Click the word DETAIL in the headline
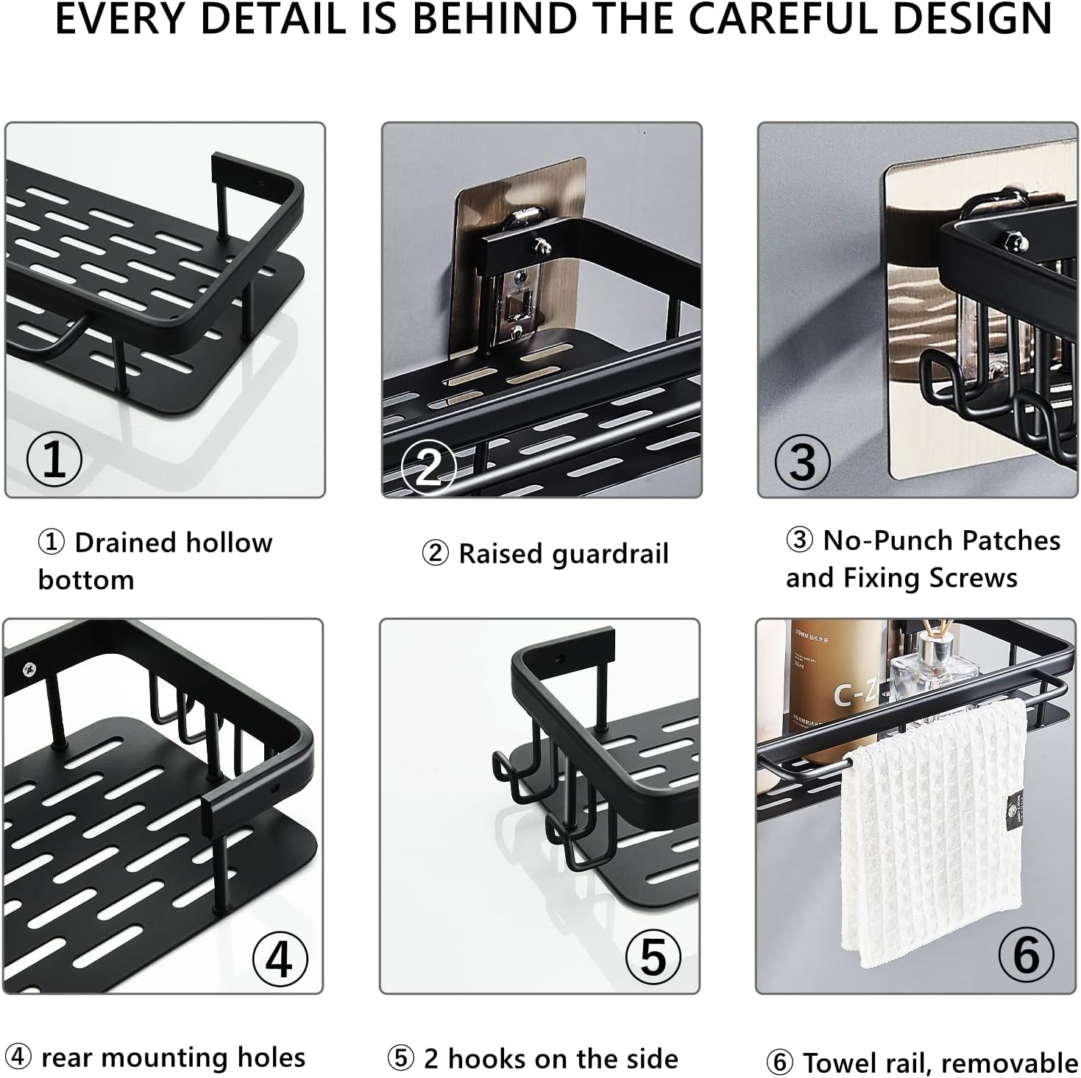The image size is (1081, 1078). (272, 19)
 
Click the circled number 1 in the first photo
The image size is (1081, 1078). (54, 459)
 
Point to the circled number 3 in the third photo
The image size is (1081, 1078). (802, 462)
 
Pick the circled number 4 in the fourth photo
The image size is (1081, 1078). (280, 959)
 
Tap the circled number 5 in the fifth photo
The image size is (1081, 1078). (653, 957)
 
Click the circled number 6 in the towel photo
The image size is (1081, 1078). (1027, 955)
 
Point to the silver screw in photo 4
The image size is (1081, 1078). (29, 669)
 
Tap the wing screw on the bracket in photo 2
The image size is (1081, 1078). (541, 244)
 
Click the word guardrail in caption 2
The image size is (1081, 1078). (610, 554)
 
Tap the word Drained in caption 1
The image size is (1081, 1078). (127, 543)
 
